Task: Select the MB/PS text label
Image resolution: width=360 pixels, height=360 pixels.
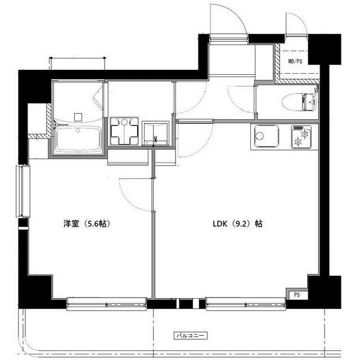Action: pyautogui.click(x=295, y=61)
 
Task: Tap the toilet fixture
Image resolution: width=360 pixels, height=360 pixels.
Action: pyautogui.click(x=301, y=102)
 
